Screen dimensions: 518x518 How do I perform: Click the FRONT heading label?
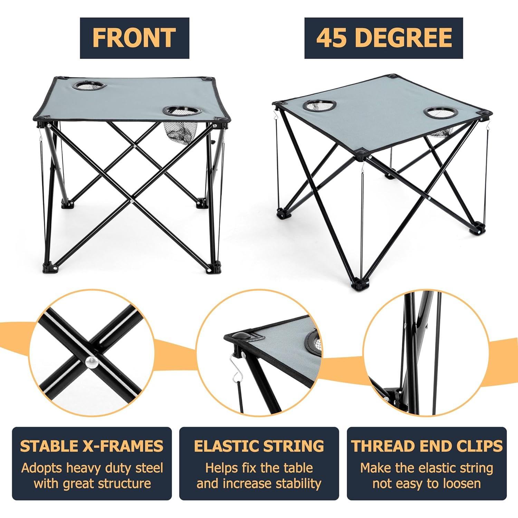(134, 38)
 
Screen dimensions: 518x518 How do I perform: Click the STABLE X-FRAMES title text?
(92, 446)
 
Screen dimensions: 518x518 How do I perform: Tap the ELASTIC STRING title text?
(259, 446)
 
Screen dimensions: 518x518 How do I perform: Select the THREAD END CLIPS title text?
(426, 446)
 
